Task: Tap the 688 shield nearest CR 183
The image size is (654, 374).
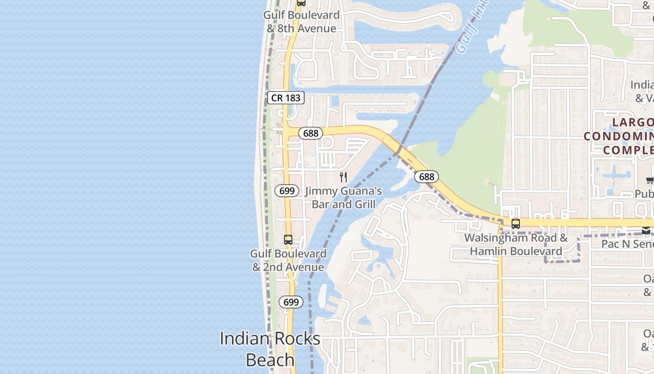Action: tap(311, 133)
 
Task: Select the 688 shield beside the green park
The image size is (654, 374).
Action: tap(427, 177)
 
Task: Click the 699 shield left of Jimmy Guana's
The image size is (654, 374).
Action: tap(287, 191)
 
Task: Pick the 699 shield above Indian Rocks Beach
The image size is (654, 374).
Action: tap(291, 302)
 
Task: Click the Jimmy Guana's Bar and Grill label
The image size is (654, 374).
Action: tap(343, 197)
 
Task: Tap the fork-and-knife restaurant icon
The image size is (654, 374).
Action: tap(343, 177)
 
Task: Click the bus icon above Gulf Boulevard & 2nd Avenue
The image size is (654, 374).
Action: tap(288, 240)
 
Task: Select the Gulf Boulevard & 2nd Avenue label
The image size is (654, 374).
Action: tap(288, 260)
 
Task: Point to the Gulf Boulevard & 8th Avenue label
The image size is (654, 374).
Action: tap(301, 22)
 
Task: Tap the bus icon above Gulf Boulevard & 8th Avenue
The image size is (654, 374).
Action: tap(301, 3)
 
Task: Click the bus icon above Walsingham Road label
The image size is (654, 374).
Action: tap(516, 223)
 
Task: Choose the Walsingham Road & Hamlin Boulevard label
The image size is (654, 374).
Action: tap(516, 245)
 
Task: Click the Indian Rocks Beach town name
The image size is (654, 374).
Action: tap(270, 349)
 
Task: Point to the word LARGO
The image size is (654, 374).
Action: tap(633, 122)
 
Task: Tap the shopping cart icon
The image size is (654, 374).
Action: tap(650, 180)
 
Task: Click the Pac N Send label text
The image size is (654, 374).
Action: tap(627, 244)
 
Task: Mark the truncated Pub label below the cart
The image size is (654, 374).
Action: tap(644, 194)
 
